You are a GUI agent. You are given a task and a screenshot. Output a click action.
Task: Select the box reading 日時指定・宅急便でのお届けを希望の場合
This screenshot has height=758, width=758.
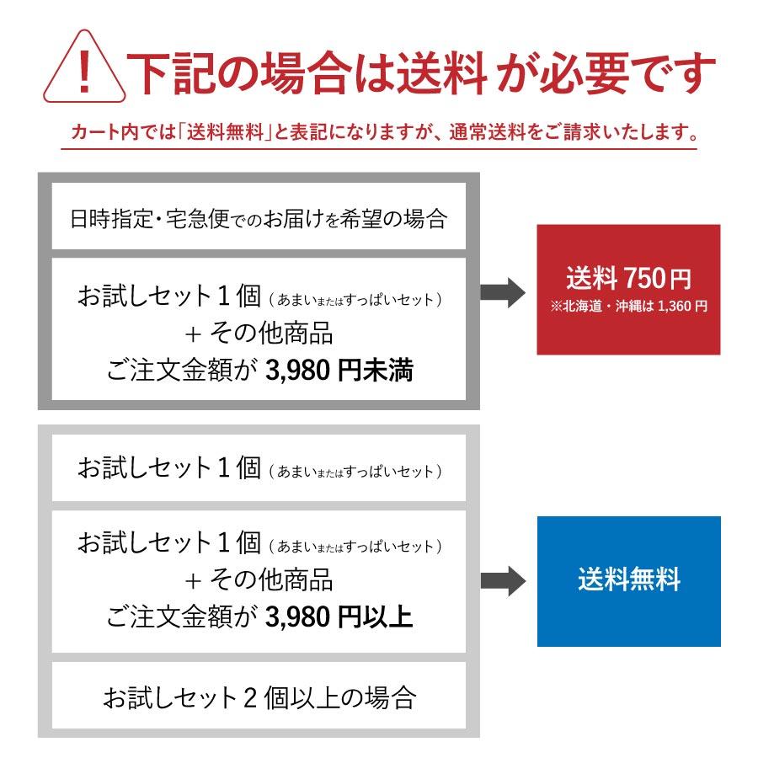(x=259, y=220)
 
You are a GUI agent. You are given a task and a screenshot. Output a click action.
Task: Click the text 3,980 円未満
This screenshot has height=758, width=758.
(x=339, y=370)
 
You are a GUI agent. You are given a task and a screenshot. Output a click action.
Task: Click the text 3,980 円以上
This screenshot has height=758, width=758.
(x=339, y=617)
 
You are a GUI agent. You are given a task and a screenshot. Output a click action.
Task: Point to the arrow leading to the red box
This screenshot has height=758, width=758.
(x=502, y=291)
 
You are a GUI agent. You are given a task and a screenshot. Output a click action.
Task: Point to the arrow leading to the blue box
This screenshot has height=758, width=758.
(x=502, y=580)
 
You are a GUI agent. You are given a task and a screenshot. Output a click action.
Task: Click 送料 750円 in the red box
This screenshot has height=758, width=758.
(x=628, y=278)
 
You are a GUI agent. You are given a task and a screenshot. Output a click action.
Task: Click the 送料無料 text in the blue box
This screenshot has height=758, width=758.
(x=628, y=580)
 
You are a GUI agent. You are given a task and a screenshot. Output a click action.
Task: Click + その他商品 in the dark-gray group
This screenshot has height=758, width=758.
(x=259, y=333)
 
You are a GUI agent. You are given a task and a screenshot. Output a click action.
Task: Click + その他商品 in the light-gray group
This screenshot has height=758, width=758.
(x=259, y=579)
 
